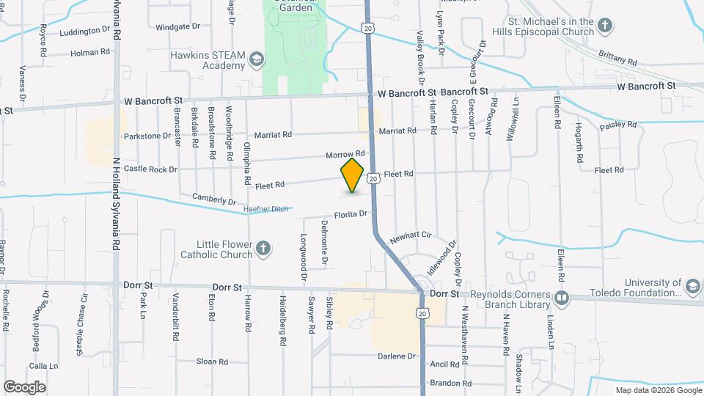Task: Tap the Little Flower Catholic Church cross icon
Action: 263,250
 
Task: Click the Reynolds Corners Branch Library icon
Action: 561,298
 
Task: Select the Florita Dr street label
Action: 350,215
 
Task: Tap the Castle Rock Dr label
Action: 150,169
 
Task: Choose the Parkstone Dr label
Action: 153,136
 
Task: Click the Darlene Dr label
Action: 400,356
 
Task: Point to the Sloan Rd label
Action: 212,362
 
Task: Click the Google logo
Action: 24,387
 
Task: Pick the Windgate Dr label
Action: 177,27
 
